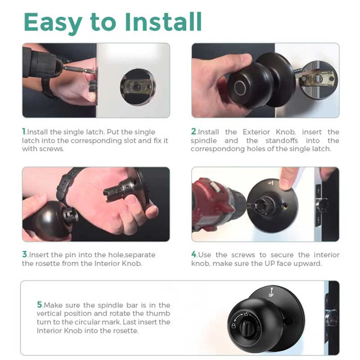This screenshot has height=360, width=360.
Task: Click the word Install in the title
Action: click(x=166, y=21)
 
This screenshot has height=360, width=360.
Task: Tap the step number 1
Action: click(x=24, y=132)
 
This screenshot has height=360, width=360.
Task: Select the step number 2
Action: click(x=193, y=132)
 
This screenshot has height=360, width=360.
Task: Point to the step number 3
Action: click(x=24, y=255)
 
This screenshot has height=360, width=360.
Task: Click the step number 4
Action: click(x=194, y=255)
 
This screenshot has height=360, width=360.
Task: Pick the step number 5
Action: click(x=40, y=305)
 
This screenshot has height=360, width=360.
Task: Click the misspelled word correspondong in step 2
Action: click(x=216, y=149)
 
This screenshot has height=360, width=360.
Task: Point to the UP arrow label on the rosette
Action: click(x=271, y=292)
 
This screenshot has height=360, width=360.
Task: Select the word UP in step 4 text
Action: click(x=270, y=263)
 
